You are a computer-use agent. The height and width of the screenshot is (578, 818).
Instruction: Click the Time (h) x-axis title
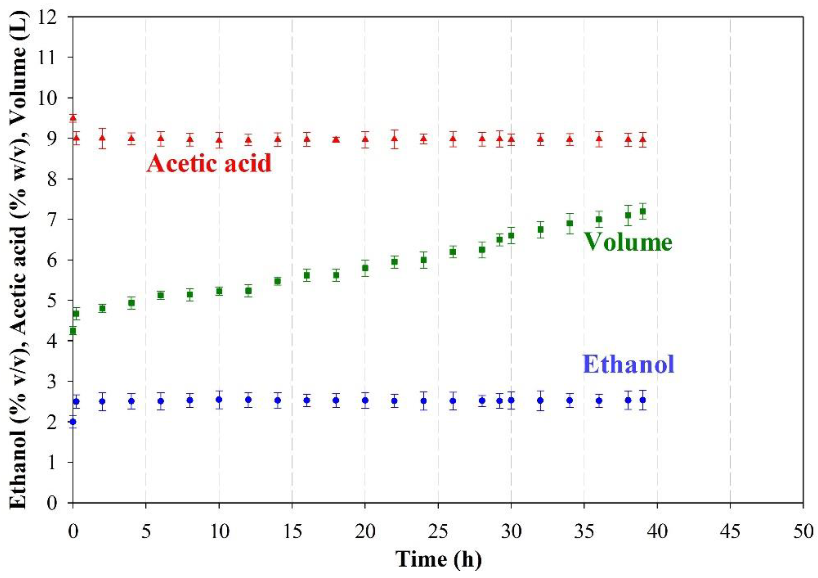click(439, 559)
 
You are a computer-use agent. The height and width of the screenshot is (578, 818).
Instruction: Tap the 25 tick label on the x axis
click(438, 532)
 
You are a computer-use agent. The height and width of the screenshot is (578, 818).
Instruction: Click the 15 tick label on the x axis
click(292, 532)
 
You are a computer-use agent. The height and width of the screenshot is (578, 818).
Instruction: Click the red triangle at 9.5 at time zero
click(73, 118)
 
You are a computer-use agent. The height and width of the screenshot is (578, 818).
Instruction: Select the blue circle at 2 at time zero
click(73, 422)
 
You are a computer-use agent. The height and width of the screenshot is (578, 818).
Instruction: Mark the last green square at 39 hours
click(643, 211)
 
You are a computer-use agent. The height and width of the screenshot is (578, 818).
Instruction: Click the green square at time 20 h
click(365, 268)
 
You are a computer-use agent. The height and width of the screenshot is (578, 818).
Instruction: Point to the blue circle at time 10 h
click(219, 400)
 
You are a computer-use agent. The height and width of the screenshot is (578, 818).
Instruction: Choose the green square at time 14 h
click(277, 281)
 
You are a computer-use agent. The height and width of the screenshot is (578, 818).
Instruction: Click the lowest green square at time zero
click(73, 331)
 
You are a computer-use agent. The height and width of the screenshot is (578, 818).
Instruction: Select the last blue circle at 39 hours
click(643, 400)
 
